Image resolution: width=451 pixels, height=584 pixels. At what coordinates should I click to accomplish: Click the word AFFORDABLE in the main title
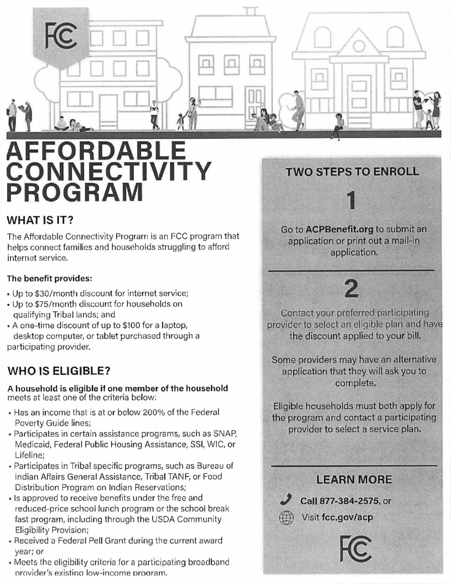click(96, 150)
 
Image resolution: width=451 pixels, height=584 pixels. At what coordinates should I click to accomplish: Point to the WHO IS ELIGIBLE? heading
click(59, 371)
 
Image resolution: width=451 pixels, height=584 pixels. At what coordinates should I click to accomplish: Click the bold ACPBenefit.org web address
click(339, 229)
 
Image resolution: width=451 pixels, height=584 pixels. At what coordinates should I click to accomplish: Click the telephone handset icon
click(286, 500)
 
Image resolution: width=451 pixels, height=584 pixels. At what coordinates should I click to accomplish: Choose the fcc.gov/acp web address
click(347, 517)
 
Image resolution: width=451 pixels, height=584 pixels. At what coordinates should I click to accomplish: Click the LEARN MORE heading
click(354, 480)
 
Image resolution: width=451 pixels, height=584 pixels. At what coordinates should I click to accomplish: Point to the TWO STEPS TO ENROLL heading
click(352, 171)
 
